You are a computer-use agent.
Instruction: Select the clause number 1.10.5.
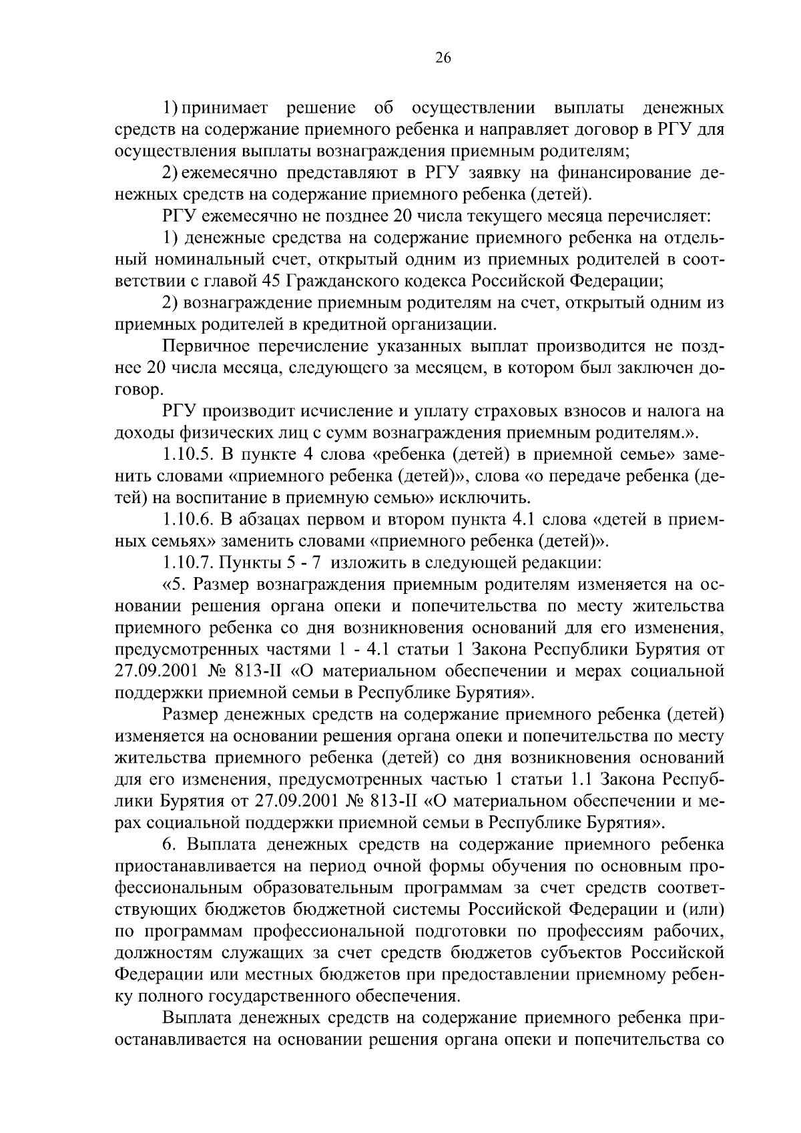click(x=186, y=455)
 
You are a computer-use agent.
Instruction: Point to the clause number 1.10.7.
click(x=186, y=562)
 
